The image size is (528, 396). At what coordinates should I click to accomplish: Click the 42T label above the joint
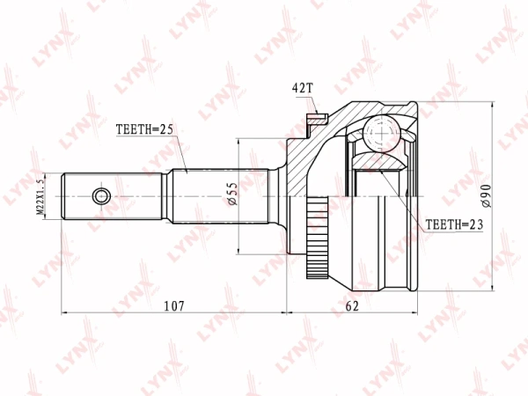pyautogui.click(x=302, y=88)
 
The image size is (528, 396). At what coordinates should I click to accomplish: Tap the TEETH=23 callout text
pyautogui.click(x=454, y=224)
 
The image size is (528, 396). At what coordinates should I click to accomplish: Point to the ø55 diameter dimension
pyautogui.click(x=232, y=194)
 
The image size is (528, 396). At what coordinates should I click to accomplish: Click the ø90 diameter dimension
pyautogui.click(x=485, y=195)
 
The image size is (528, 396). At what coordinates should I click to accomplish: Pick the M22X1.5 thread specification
pyautogui.click(x=40, y=194)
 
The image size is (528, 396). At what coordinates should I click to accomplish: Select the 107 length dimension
pyautogui.click(x=174, y=305)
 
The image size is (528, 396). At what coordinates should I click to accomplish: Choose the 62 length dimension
pyautogui.click(x=351, y=305)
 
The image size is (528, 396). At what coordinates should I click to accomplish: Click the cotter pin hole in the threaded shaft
pyautogui.click(x=102, y=195)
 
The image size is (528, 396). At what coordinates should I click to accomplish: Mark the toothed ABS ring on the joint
pyautogui.click(x=315, y=232)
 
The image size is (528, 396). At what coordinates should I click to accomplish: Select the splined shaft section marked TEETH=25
pyautogui.click(x=211, y=195)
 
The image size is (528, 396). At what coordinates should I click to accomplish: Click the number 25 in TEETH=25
pyautogui.click(x=166, y=130)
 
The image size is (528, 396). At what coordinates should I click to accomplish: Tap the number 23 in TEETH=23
pyautogui.click(x=475, y=224)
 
